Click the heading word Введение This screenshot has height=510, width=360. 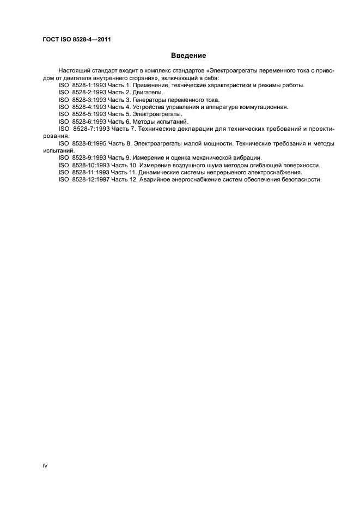[x=188, y=56]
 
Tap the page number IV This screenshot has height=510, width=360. [x=46, y=466]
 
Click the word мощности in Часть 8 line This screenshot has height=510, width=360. [x=205, y=143]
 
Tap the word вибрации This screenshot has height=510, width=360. [x=247, y=157]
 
